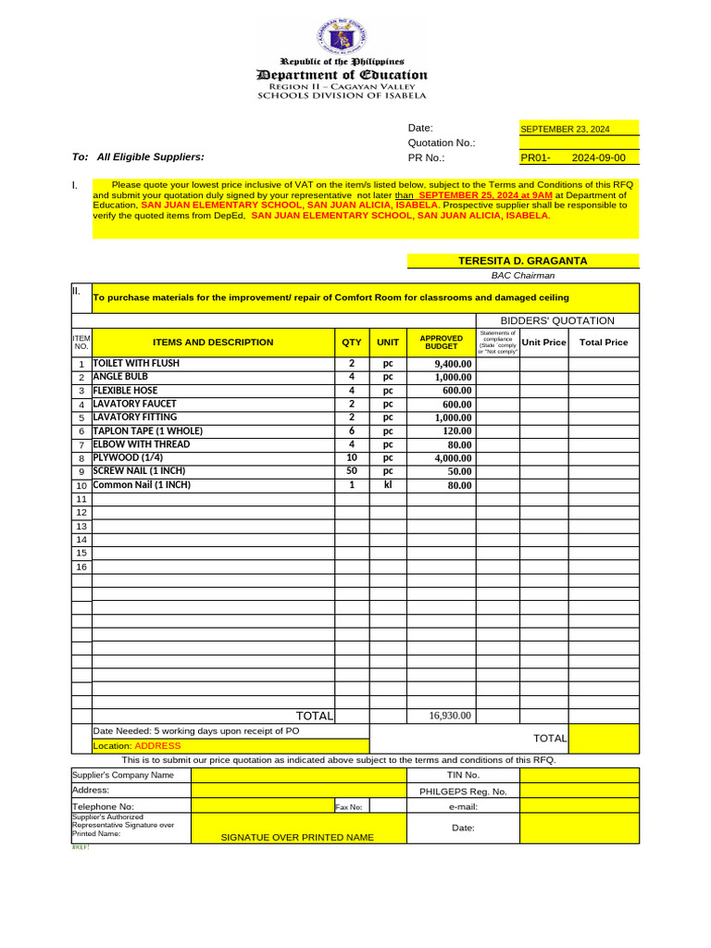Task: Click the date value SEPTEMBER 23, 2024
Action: coord(565,130)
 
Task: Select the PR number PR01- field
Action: coord(536,158)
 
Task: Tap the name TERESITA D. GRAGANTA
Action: coord(523,261)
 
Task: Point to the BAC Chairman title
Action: coord(523,275)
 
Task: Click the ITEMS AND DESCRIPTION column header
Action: coord(213,343)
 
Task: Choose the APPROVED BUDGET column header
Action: coord(442,343)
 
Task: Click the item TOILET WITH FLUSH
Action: coord(136,364)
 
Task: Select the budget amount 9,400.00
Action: coord(453,365)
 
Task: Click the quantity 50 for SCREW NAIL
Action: coord(352,471)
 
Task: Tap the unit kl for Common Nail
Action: coord(388,485)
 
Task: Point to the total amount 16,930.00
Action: coord(450,716)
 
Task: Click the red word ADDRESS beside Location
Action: coord(157,745)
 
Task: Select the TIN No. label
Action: coord(463,775)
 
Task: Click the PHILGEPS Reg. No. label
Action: coord(463,792)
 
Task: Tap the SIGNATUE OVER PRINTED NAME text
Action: coord(297,837)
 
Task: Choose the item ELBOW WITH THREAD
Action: coord(141,444)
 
